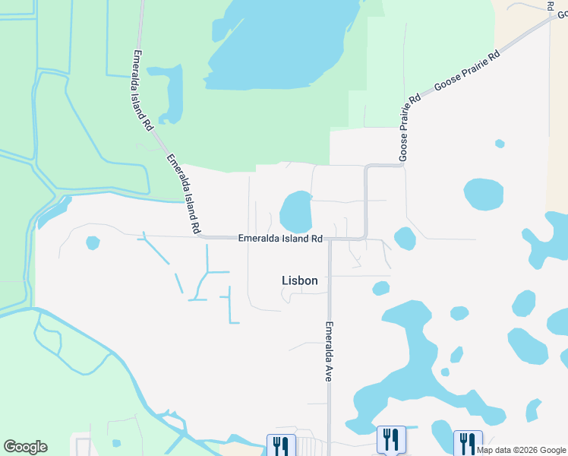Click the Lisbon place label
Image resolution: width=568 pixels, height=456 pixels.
299,280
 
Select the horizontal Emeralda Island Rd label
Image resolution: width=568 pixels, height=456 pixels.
281,238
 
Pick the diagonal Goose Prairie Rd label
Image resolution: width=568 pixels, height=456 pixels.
468,72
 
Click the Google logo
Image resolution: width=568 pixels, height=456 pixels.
25,447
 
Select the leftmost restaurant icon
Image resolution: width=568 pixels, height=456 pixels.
279,445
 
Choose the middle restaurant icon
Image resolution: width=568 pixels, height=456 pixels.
391,439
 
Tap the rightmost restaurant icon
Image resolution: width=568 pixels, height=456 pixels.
467,443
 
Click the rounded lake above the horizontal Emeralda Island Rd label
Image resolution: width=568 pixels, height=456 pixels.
296,212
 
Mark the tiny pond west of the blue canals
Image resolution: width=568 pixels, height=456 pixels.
93,242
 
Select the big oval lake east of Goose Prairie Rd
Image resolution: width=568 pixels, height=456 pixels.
483,195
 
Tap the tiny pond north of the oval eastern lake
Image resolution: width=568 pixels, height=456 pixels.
500,144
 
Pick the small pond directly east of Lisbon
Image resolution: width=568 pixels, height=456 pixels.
381,288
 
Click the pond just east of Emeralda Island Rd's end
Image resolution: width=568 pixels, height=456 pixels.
405,239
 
